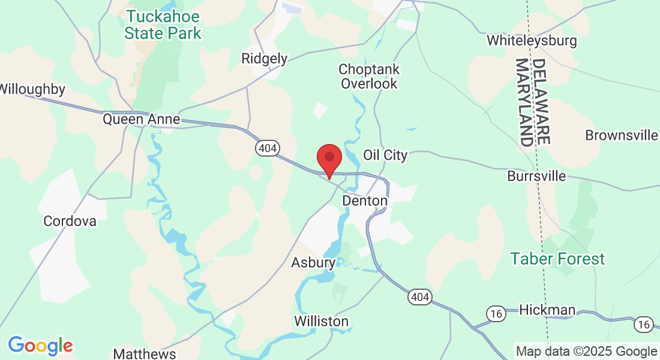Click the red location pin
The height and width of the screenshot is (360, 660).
[x=329, y=158]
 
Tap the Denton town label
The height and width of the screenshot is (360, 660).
[x=364, y=200]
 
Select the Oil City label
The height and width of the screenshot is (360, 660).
[x=385, y=155]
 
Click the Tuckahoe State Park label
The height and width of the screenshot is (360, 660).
[x=163, y=25]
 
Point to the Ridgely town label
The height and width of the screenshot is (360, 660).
[x=264, y=59]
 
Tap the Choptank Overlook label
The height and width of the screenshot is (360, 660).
[x=369, y=76]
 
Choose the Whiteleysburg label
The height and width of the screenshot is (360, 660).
[x=532, y=41]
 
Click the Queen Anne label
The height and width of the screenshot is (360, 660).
[x=141, y=119]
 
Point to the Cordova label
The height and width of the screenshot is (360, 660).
[x=70, y=221]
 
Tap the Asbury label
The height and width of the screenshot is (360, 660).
[x=313, y=263]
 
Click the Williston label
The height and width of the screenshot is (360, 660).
[x=321, y=322]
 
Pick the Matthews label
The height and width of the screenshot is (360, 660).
[x=145, y=353]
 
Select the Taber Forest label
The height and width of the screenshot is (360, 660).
[x=557, y=259]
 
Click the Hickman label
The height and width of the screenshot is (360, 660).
[x=547, y=310]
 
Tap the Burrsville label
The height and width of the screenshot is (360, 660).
[x=536, y=176]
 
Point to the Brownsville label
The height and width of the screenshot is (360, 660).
[x=621, y=135]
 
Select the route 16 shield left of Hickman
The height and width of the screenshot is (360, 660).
[x=495, y=314]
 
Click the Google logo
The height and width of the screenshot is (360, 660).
[x=40, y=346]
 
